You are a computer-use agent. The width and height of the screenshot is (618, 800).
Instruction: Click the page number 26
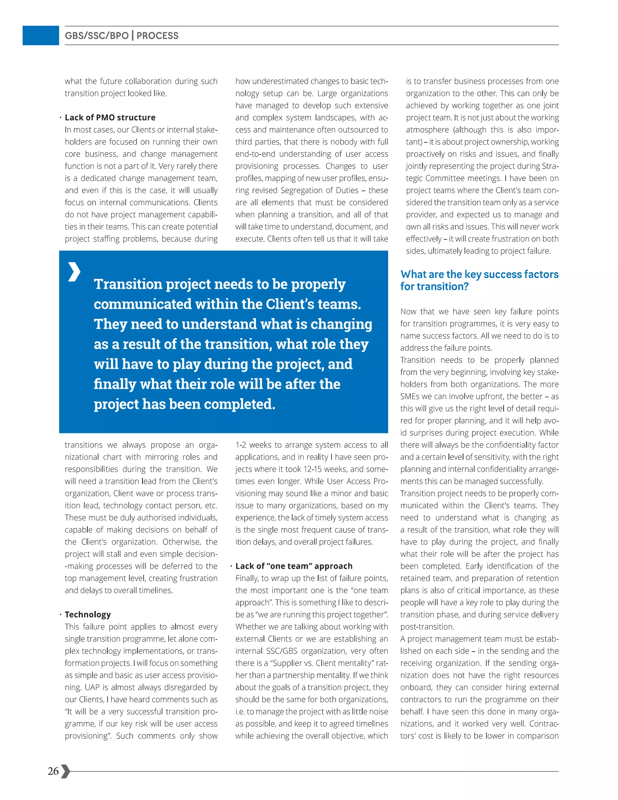[53, 771]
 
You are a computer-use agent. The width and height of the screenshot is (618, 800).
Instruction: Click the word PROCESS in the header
[158, 36]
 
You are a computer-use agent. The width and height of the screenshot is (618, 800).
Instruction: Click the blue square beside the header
[41, 36]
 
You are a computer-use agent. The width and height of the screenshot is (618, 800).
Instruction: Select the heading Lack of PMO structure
[110, 117]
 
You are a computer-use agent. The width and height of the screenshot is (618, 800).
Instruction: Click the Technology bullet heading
[88, 615]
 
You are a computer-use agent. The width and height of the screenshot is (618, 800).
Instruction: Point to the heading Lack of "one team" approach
[294, 566]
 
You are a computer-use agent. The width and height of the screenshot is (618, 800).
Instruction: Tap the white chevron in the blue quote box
[74, 272]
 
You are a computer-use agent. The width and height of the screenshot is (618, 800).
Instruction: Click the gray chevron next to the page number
[65, 771]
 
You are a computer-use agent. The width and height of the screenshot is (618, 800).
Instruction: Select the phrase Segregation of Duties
[319, 190]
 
